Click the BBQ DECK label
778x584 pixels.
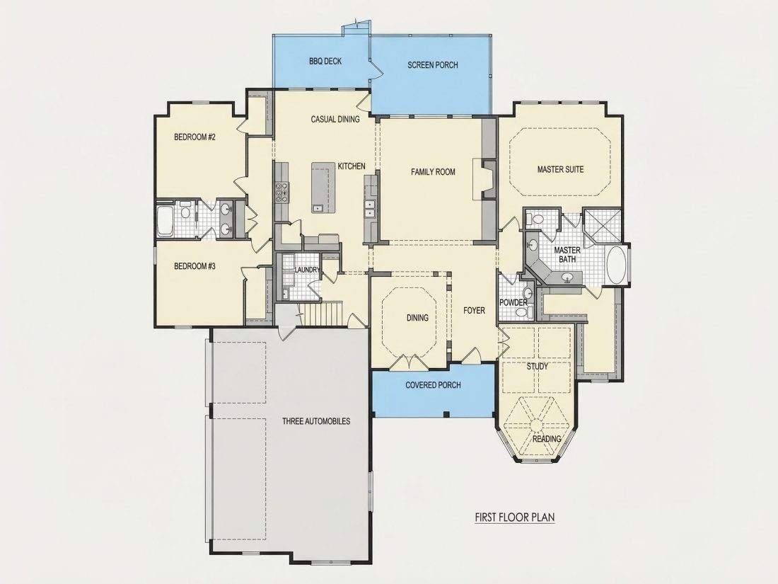(x=325, y=61)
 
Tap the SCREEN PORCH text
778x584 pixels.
(x=433, y=64)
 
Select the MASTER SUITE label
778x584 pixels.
(x=560, y=169)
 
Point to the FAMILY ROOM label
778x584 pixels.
(x=433, y=172)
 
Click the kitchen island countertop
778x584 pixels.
(x=320, y=187)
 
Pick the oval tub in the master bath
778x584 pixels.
(x=616, y=265)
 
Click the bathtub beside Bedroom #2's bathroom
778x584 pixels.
(x=165, y=222)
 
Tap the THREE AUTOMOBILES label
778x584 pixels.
(x=316, y=421)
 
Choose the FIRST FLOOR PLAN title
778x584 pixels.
(x=514, y=517)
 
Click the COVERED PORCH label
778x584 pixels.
(x=433, y=385)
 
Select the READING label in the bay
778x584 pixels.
(x=547, y=439)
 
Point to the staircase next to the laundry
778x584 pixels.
(x=323, y=313)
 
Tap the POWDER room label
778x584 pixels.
(x=513, y=302)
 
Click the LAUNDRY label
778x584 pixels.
(x=307, y=270)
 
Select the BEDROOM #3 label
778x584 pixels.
(x=194, y=266)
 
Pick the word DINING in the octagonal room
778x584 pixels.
(x=417, y=318)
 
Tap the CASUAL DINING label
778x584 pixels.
(x=335, y=119)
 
